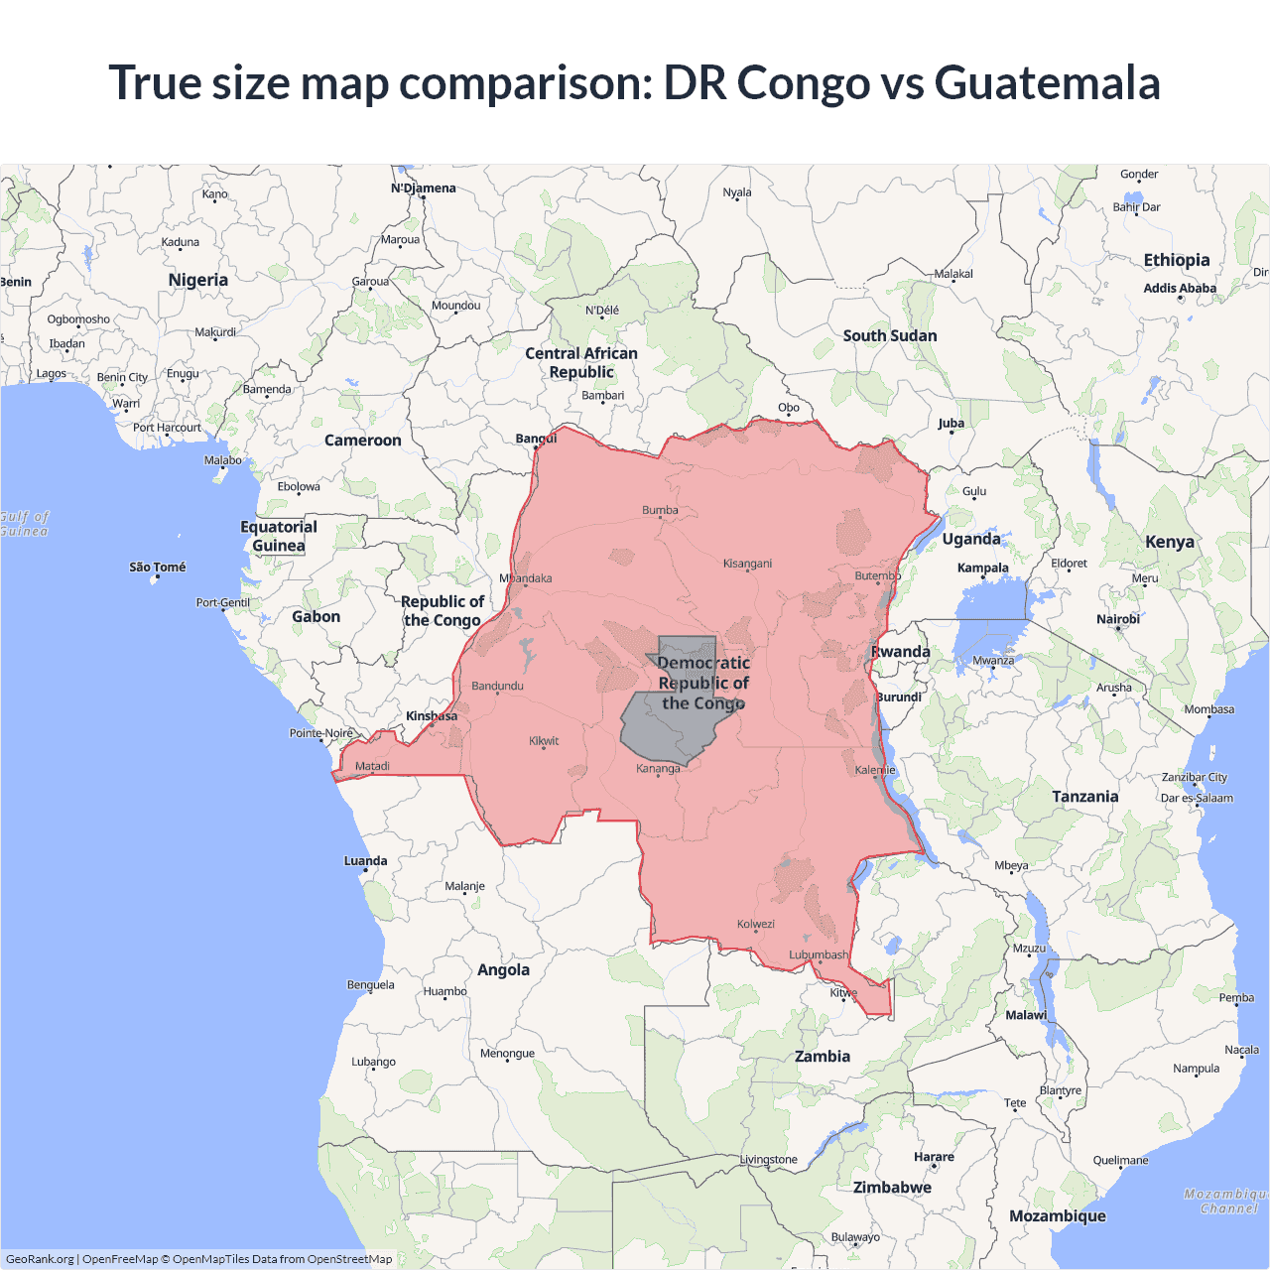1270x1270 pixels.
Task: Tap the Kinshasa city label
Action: (x=432, y=715)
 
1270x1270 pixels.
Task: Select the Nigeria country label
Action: (x=198, y=280)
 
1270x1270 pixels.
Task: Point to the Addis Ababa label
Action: (x=1180, y=288)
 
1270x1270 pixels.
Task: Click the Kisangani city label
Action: (x=747, y=564)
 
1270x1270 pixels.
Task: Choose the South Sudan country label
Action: (x=890, y=335)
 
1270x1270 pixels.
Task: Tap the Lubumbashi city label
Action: (x=819, y=954)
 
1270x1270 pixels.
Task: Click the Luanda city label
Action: (x=365, y=860)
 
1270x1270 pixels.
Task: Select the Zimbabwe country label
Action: (x=892, y=1187)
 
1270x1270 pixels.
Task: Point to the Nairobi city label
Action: (x=1118, y=618)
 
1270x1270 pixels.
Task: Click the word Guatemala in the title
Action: (x=1047, y=82)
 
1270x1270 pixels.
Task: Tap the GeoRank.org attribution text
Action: (x=40, y=1259)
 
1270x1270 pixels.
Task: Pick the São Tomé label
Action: (x=158, y=567)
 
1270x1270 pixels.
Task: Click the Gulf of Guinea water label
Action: (x=24, y=524)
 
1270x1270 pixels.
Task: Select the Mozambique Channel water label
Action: (x=1226, y=1201)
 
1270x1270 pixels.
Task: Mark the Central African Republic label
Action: (x=581, y=362)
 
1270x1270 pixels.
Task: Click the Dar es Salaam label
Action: (x=1197, y=798)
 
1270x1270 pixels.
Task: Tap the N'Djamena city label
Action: (x=424, y=188)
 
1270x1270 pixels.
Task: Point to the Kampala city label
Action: (x=982, y=568)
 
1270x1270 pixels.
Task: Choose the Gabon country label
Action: (x=316, y=616)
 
